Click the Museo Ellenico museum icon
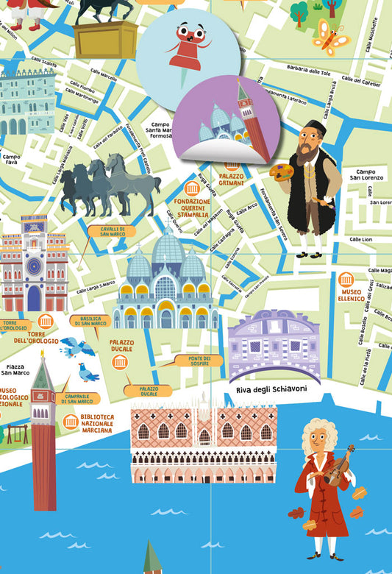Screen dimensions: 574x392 click(x=346, y=280)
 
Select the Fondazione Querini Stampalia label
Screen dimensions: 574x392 click(x=192, y=209)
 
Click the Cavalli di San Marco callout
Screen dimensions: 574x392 click(x=112, y=231)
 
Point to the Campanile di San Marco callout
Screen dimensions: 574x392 click(x=77, y=398)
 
